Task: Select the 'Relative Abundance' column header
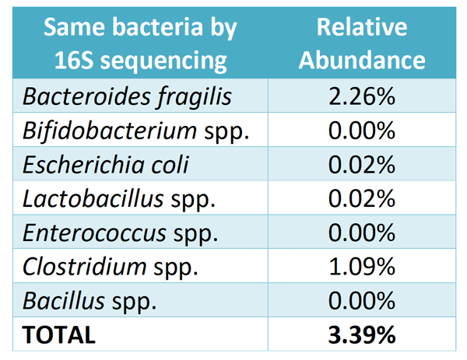click(x=362, y=44)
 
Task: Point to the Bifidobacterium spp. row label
click(x=136, y=131)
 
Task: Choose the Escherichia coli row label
click(x=106, y=165)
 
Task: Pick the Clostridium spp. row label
click(x=111, y=267)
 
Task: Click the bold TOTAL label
click(x=59, y=335)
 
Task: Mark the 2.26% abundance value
click(x=361, y=96)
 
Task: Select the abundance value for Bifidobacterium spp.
click(x=361, y=131)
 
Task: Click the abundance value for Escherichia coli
click(x=361, y=165)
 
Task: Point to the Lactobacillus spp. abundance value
click(x=361, y=198)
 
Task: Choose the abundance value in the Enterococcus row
click(x=361, y=232)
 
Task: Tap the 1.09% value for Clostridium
click(x=361, y=267)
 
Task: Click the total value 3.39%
click(x=361, y=335)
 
